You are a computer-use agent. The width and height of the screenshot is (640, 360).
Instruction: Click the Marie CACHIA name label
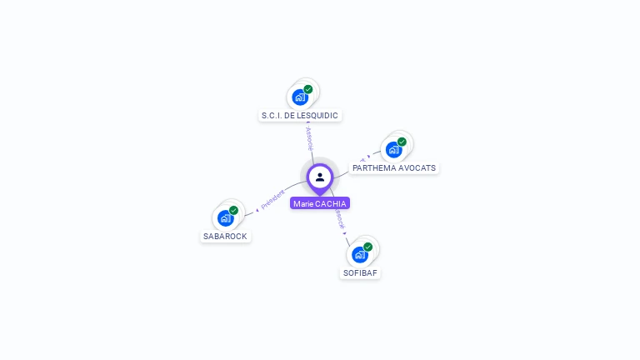pos(320,203)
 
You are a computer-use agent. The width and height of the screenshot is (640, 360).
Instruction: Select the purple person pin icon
pos(320,177)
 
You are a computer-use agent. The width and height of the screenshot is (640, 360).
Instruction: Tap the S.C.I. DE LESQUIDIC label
pos(300,116)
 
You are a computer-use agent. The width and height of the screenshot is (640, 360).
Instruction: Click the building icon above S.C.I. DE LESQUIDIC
pos(300,97)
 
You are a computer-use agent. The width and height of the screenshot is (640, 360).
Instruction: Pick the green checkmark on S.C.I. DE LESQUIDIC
pos(308,89)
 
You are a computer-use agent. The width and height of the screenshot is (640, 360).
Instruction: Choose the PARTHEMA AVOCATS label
pos(394,167)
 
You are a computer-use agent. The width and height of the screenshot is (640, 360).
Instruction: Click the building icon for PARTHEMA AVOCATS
pos(393,149)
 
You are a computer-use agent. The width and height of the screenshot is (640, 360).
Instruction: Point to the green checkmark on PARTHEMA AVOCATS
pos(402,142)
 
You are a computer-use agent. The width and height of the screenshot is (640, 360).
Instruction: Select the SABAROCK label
pos(225,236)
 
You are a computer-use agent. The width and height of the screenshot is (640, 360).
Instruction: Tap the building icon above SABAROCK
pos(225,217)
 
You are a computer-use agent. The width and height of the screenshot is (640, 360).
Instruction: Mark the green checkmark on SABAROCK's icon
pos(233,210)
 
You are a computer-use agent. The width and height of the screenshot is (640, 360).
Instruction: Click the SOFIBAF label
pos(360,272)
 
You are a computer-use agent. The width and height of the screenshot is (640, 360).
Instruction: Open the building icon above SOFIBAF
pos(359,254)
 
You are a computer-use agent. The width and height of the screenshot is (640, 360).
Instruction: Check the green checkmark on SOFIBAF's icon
pos(367,247)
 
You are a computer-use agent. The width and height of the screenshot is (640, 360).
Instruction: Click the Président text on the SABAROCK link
pos(272,199)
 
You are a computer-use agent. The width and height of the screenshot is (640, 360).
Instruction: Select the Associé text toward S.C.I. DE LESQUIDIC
pos(309,139)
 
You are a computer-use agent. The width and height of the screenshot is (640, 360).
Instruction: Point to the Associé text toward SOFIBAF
pos(339,220)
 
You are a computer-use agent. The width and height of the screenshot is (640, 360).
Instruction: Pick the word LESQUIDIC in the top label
pos(317,116)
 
